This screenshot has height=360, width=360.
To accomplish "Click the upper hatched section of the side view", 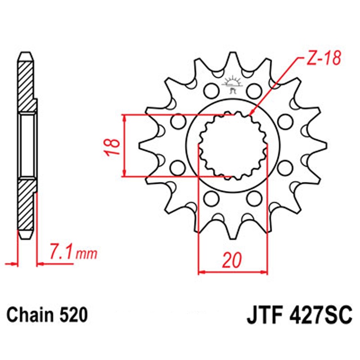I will (27, 86).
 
